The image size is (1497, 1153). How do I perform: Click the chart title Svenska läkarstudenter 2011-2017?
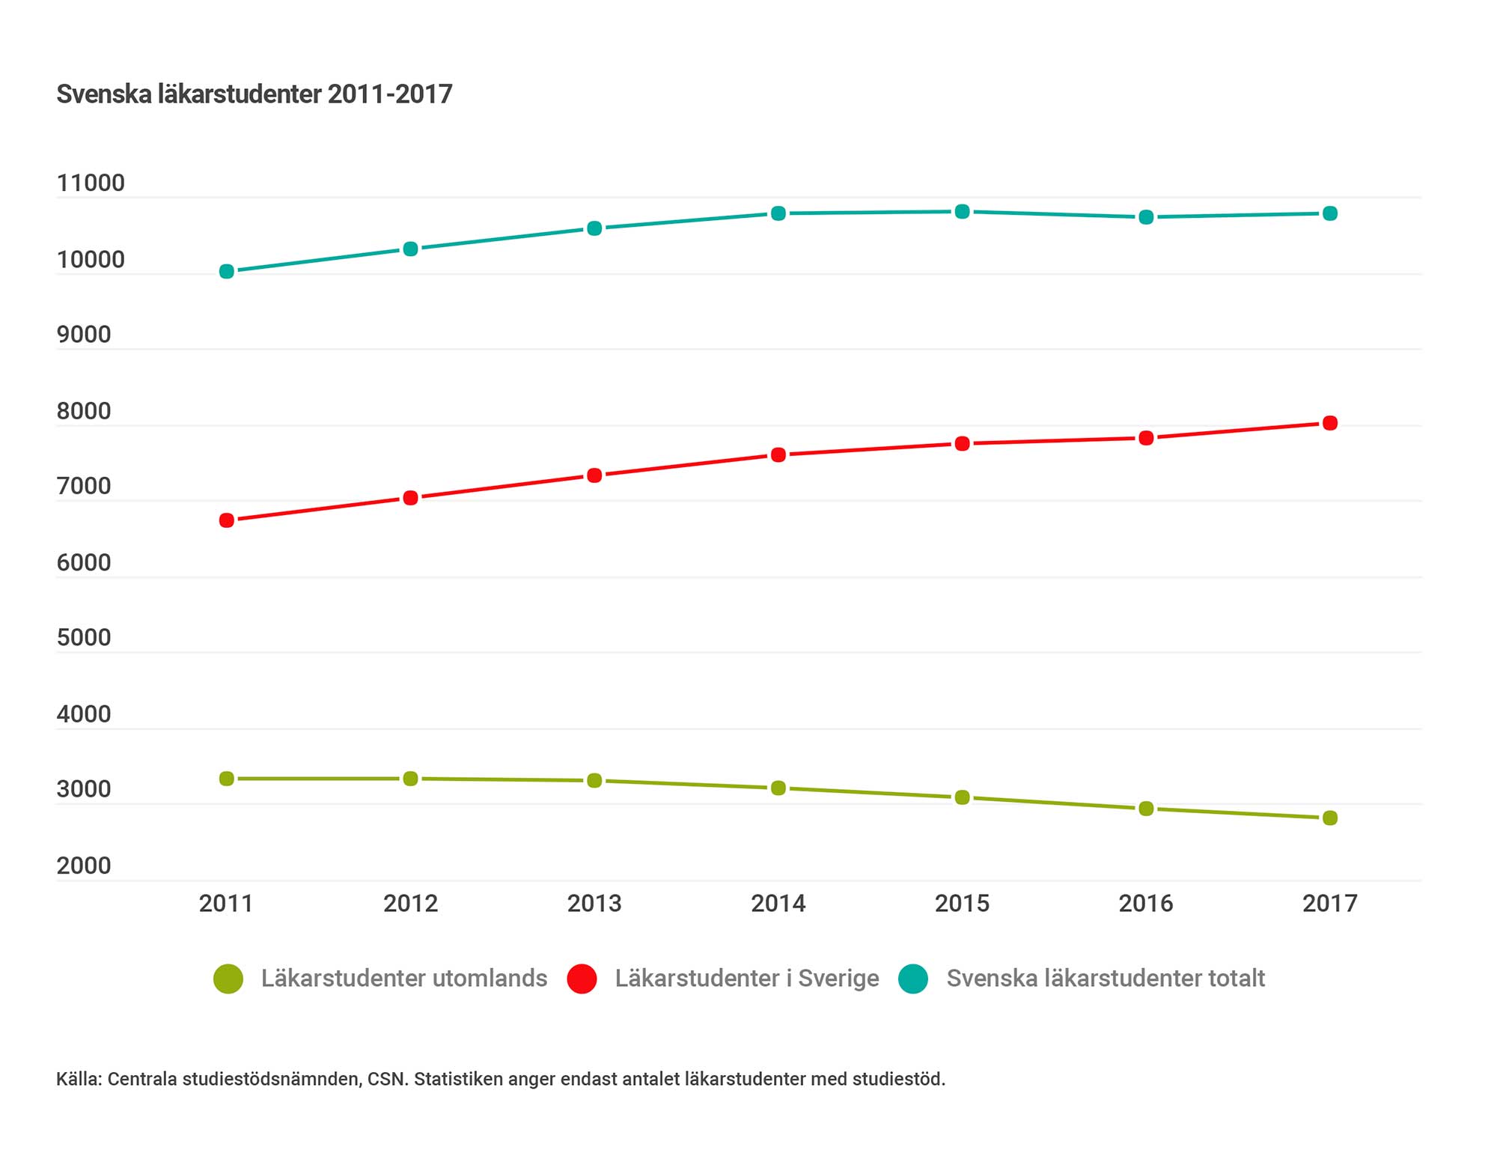tap(254, 94)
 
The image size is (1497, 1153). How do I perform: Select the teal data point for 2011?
tap(227, 271)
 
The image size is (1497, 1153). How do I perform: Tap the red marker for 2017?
tap(1330, 423)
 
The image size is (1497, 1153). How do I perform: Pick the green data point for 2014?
tap(778, 788)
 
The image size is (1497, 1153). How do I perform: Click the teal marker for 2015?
tap(963, 212)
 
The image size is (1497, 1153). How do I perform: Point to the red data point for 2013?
tap(594, 475)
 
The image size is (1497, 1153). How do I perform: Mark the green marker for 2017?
tap(1330, 818)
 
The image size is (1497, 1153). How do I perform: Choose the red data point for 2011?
tap(227, 520)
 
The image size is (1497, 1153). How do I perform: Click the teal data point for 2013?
tap(594, 228)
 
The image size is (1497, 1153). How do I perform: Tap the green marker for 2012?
tap(411, 779)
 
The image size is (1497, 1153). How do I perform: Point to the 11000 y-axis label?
tap(91, 183)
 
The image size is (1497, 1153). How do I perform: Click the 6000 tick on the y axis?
tap(84, 562)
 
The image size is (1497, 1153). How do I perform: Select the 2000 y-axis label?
tap(84, 865)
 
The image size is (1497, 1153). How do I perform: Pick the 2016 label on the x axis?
tap(1146, 904)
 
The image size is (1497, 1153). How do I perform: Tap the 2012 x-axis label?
tap(411, 904)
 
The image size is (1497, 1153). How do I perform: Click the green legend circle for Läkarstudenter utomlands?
tap(228, 979)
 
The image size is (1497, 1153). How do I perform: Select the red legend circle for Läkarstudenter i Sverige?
tap(582, 979)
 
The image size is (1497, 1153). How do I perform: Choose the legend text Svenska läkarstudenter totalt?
tap(1106, 979)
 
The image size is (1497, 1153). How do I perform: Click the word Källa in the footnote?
tap(79, 1079)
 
